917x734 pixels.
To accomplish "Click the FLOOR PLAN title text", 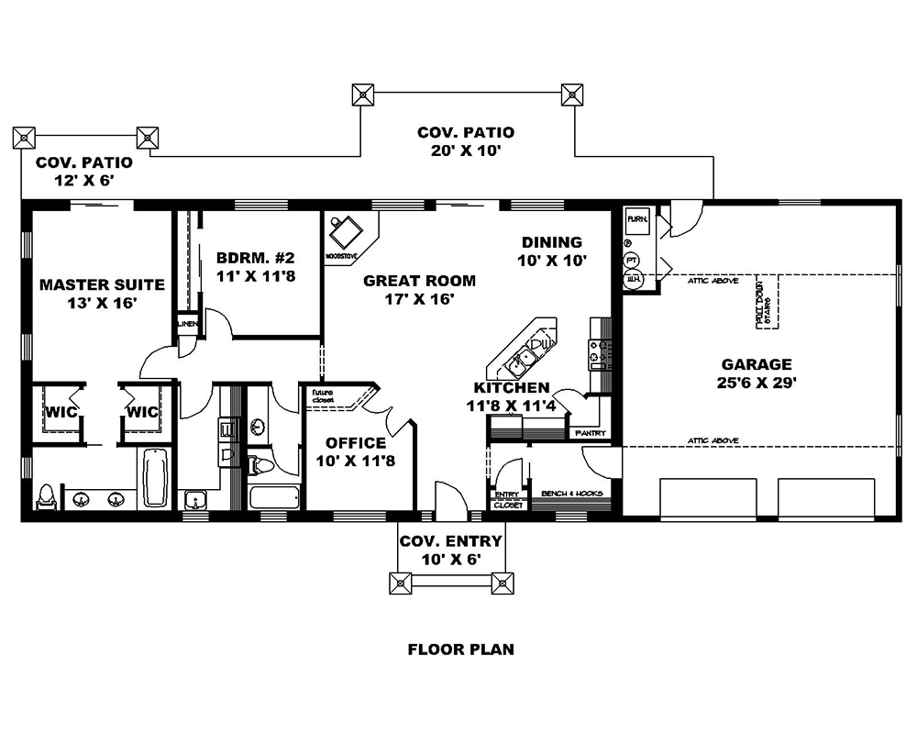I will (x=460, y=650).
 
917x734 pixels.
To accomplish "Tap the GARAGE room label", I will (x=757, y=364).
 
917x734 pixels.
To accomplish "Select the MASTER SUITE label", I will (x=102, y=284).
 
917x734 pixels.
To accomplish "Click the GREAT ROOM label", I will (x=419, y=281).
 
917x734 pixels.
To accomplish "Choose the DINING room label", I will (x=552, y=243).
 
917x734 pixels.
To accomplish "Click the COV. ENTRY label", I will (x=448, y=540).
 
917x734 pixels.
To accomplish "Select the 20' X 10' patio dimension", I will (x=465, y=150).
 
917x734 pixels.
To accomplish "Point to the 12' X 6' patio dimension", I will (x=83, y=181).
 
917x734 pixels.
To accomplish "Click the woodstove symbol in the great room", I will (x=348, y=230).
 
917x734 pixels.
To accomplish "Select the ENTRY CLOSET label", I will (x=509, y=500).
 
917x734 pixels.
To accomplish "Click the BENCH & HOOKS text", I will (x=573, y=494).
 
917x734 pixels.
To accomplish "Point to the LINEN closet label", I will (x=186, y=324).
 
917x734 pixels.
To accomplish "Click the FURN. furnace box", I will (x=637, y=221).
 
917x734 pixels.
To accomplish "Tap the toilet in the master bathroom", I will (x=46, y=495).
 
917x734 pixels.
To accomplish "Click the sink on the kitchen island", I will (x=529, y=353).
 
